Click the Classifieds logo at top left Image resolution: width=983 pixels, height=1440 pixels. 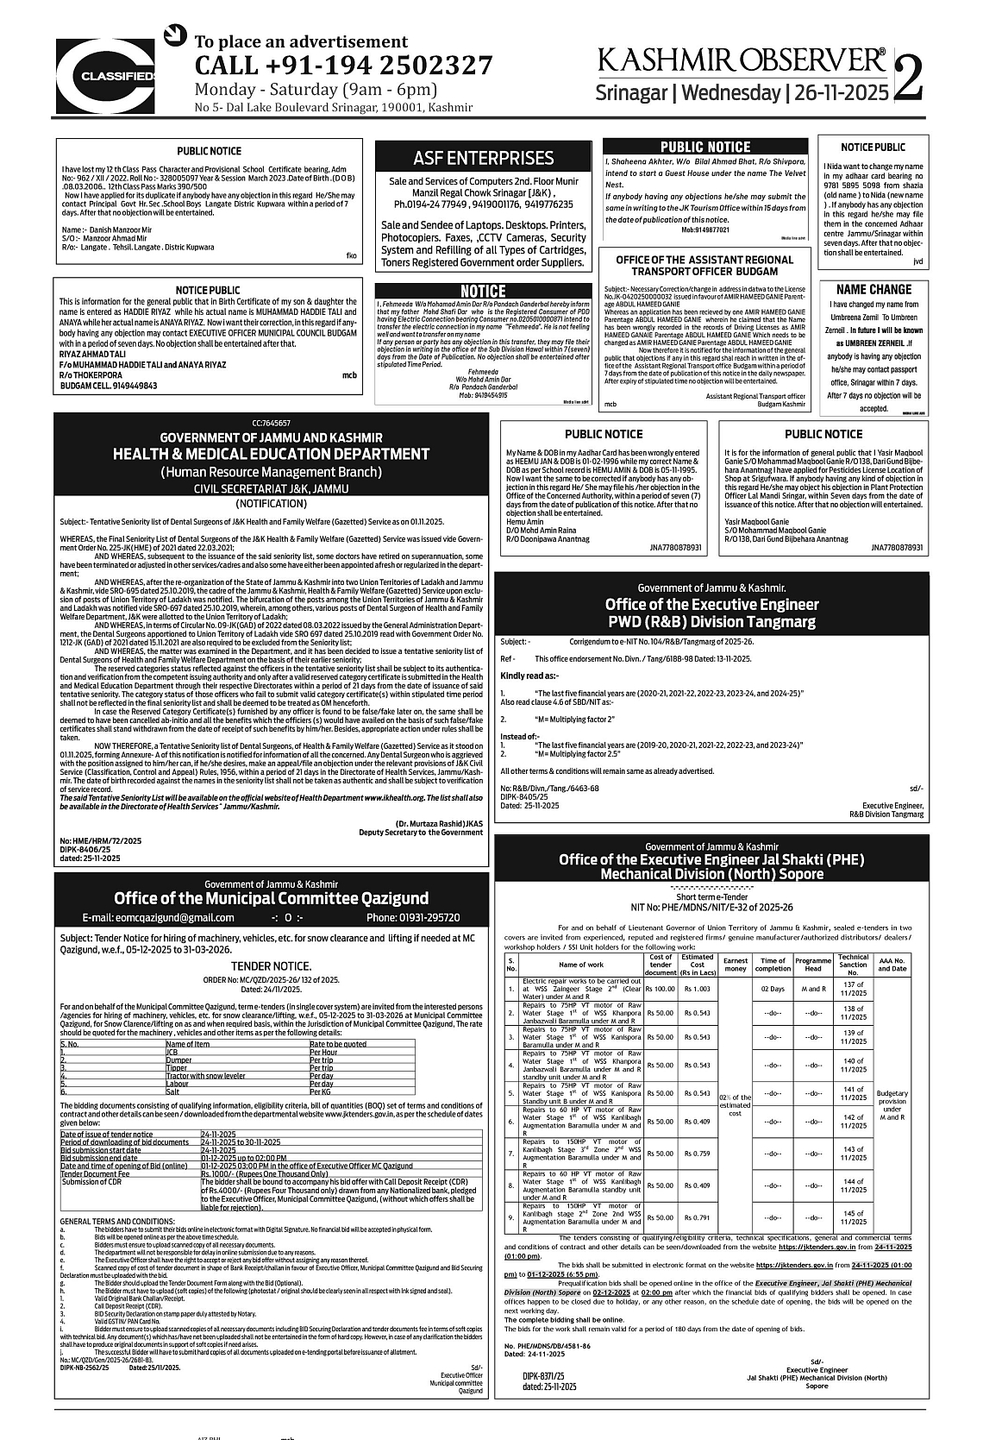point(105,77)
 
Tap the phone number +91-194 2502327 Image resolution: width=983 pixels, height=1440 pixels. point(343,66)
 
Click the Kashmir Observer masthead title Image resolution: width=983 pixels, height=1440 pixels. point(742,60)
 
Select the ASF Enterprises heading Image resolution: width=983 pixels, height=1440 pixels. point(483,158)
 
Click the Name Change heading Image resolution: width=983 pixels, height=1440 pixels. point(873,290)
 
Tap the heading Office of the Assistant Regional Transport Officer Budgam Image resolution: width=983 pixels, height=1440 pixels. point(704,266)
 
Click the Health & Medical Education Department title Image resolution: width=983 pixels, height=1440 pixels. point(271,454)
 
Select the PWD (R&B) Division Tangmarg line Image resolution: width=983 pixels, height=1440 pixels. point(711,621)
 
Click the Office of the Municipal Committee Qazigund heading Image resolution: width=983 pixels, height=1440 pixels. point(271,898)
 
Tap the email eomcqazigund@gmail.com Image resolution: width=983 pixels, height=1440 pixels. point(159,917)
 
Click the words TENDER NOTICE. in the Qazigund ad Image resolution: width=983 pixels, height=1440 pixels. point(271,966)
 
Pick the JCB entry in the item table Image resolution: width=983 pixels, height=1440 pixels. point(172,1053)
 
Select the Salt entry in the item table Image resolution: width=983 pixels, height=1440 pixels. point(172,1091)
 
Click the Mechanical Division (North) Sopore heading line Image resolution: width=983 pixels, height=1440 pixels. point(711,873)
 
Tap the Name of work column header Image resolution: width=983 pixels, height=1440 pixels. point(581,965)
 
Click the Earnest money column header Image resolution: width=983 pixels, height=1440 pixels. point(736,965)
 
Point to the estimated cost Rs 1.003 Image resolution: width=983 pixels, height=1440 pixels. point(697,989)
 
